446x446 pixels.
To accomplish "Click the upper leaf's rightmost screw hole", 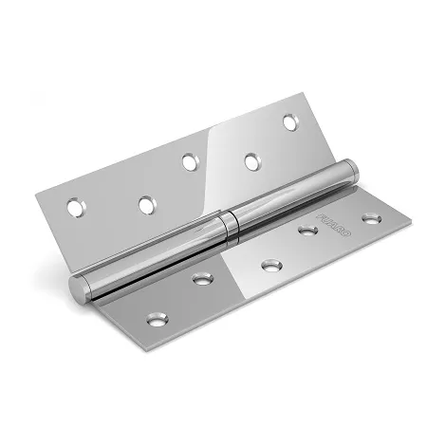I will (289, 122).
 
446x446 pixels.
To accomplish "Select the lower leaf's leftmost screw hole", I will (154, 313).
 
